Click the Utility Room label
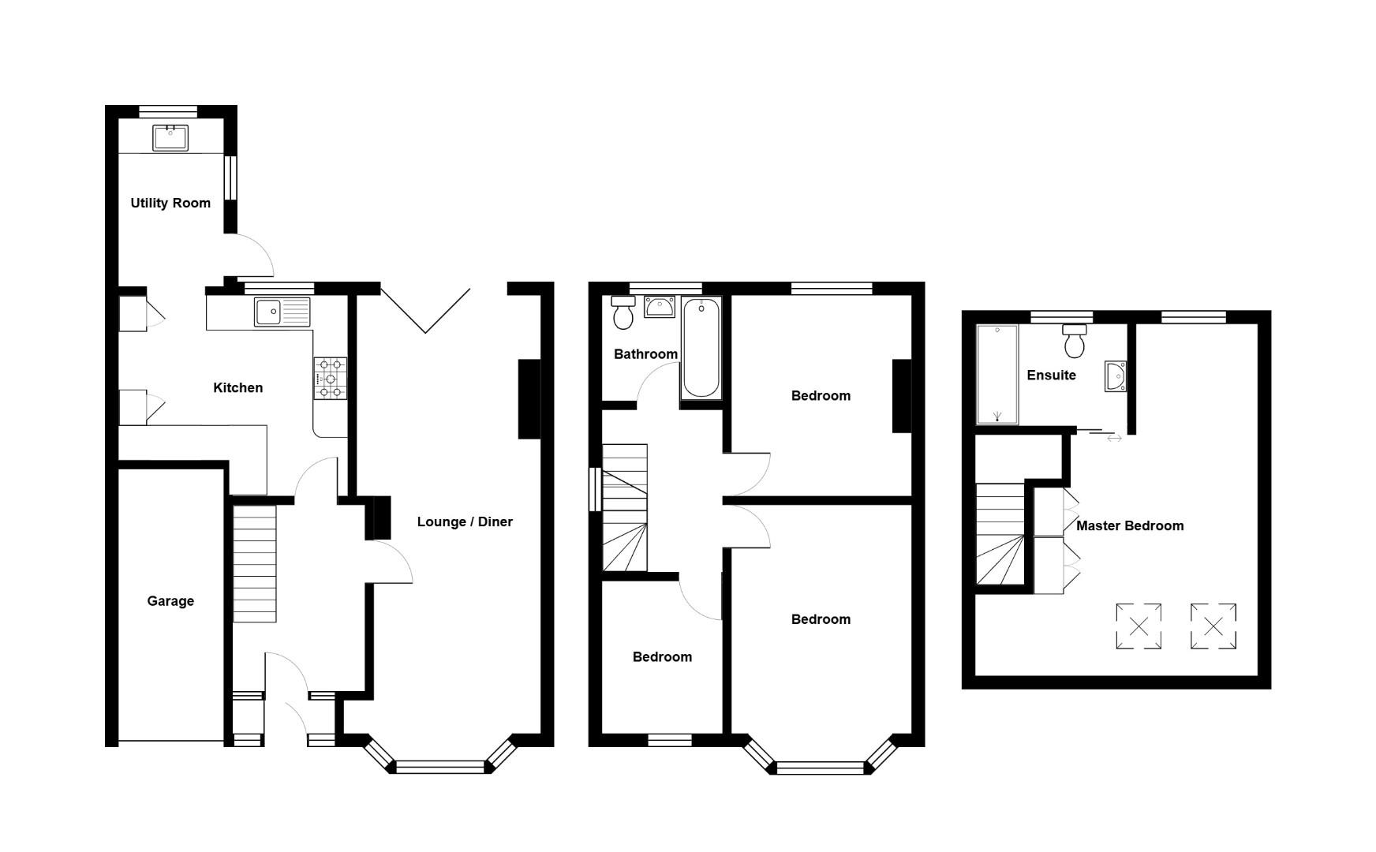[x=170, y=204]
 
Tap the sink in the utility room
[x=170, y=137]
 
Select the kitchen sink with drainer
[x=282, y=312]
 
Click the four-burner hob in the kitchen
[x=331, y=378]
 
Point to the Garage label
[x=170, y=601]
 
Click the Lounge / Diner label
[x=465, y=522]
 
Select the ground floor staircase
[x=254, y=563]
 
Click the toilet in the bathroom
[x=623, y=313]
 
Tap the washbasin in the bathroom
[x=659, y=307]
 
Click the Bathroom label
[x=645, y=354]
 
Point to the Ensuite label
[x=1051, y=376]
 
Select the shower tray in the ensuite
[x=997, y=374]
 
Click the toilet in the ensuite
[x=1075, y=340]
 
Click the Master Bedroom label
[x=1130, y=526]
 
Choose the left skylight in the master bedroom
[x=1139, y=626]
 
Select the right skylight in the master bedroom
[x=1213, y=626]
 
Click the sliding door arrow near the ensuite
[x=1114, y=438]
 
